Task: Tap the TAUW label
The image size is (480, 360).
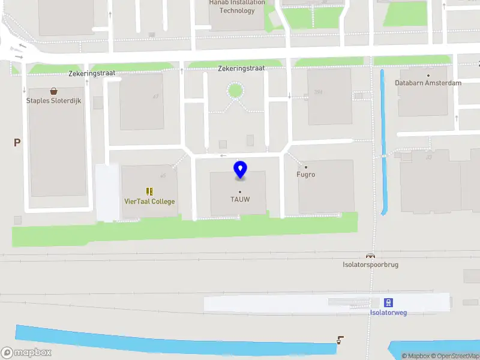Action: (x=240, y=199)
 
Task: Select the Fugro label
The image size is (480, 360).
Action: (x=306, y=175)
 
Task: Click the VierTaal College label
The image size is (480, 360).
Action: (x=149, y=202)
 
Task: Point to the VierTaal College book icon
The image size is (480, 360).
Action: (x=149, y=192)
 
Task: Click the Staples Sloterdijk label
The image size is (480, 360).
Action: (x=53, y=101)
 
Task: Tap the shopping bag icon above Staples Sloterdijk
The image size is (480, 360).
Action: (x=54, y=92)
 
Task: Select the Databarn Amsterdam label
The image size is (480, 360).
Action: (x=428, y=83)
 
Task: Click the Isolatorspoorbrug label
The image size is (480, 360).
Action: (x=370, y=265)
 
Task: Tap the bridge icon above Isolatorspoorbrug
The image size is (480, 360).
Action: (x=370, y=256)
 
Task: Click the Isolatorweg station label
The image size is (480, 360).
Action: (x=388, y=312)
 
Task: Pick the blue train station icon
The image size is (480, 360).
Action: (x=389, y=302)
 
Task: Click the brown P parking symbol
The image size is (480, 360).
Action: (x=17, y=143)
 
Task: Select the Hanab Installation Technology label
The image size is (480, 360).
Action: (x=237, y=7)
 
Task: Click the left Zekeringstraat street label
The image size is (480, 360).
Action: (x=91, y=73)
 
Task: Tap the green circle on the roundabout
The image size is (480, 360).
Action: (x=235, y=91)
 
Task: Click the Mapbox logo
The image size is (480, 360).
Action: (x=26, y=353)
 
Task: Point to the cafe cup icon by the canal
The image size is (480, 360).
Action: (x=340, y=340)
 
